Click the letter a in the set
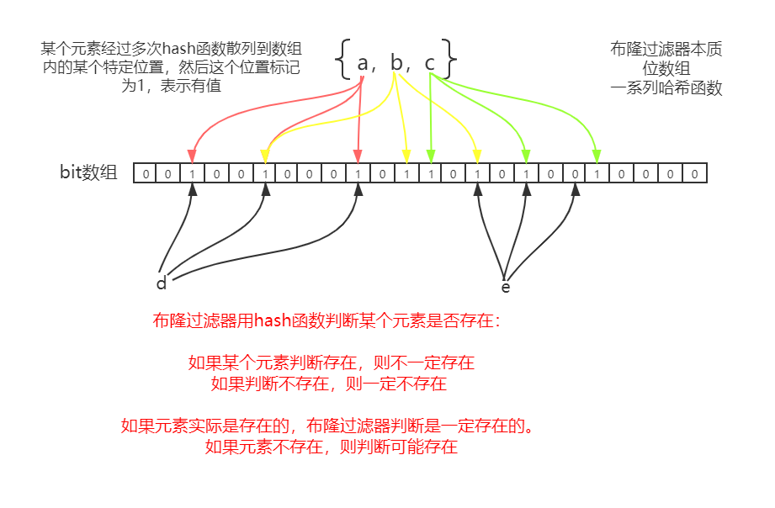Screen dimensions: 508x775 [364, 63]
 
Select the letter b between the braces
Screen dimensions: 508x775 [397, 62]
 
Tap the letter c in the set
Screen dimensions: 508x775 [430, 63]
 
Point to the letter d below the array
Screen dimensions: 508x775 [162, 283]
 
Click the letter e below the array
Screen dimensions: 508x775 [506, 287]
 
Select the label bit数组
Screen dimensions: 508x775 [88, 173]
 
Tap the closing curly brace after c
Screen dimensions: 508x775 [451, 59]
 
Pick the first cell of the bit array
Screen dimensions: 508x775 [146, 174]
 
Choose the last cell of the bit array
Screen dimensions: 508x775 [695, 174]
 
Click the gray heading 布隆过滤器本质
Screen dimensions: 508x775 [666, 50]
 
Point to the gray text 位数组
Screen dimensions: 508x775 [666, 69]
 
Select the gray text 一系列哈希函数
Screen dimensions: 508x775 [666, 88]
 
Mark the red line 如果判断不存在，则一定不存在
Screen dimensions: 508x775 [328, 384]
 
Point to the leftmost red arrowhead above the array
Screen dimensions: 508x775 [193, 156]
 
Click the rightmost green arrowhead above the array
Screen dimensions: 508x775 [597, 156]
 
